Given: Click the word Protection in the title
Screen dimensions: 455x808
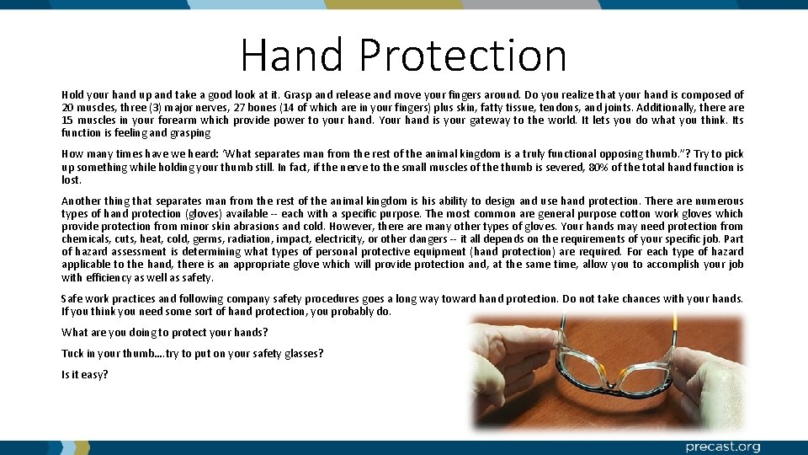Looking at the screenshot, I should point(462,55).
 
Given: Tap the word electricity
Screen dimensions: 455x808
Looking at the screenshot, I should point(335,238).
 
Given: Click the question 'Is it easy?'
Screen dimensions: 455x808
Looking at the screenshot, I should point(84,374).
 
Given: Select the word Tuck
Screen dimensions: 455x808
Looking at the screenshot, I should point(73,353).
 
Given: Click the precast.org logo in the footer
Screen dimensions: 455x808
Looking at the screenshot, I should point(722,447).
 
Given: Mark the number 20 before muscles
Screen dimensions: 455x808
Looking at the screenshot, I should point(68,108).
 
